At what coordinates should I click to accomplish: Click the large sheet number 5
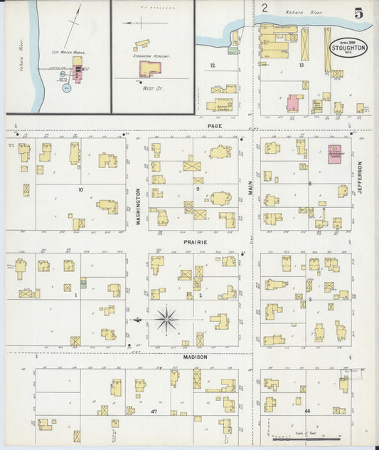pyautogui.click(x=359, y=13)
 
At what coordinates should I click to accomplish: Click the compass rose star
pyautogui.click(x=166, y=320)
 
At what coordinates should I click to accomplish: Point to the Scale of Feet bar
pyautogui.click(x=306, y=437)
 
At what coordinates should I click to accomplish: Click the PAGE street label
pyautogui.click(x=215, y=126)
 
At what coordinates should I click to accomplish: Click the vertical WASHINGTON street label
pyautogui.click(x=138, y=206)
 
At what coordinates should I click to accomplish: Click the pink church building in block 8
pyautogui.click(x=334, y=154)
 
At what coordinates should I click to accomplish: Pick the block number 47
pyautogui.click(x=153, y=412)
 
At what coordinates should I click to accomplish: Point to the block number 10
pyautogui.click(x=80, y=189)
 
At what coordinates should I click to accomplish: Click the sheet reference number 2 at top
pyautogui.click(x=265, y=9)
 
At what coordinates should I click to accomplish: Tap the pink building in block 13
pyautogui.click(x=294, y=102)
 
